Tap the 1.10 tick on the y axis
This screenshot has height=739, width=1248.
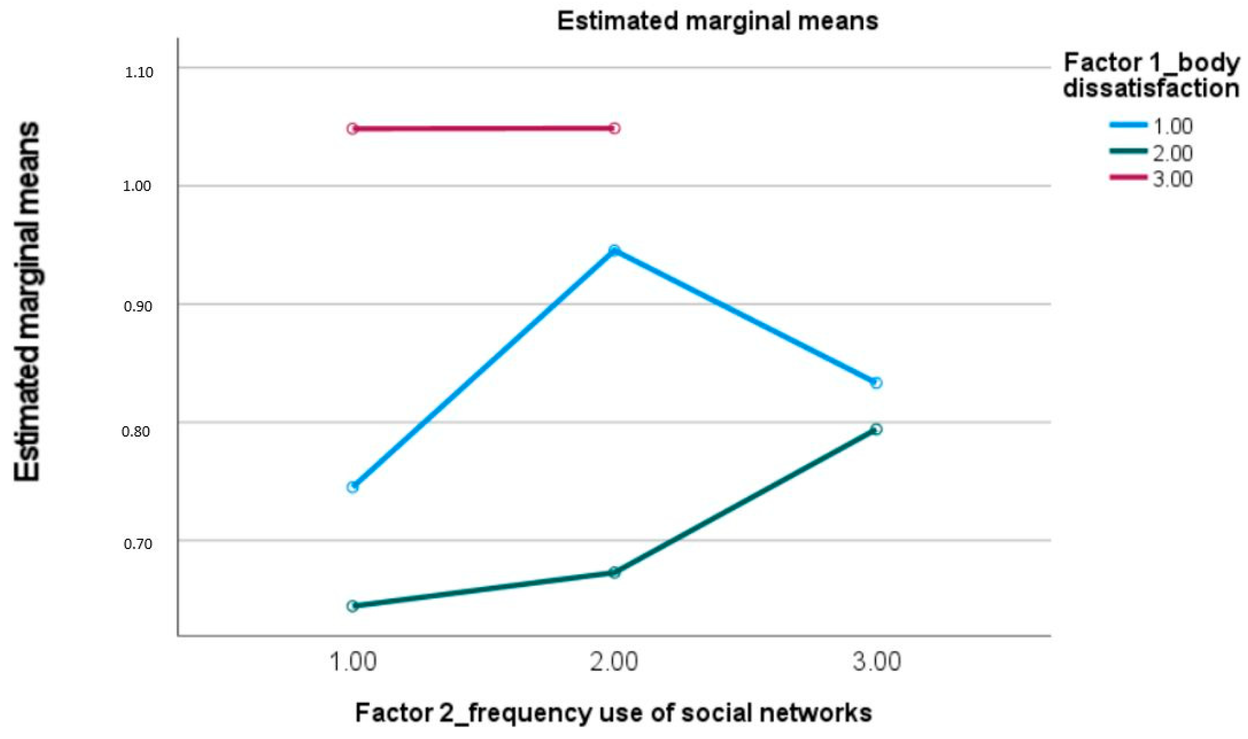(138, 73)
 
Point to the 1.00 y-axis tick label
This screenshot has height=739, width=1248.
(138, 186)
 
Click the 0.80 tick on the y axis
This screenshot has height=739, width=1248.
(136, 431)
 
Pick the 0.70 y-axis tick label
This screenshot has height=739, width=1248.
(138, 543)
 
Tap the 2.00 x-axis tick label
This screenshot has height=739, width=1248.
(614, 663)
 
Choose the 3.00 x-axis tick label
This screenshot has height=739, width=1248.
(876, 663)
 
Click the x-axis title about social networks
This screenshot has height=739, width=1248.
(613, 713)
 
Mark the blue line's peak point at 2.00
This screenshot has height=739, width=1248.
(615, 250)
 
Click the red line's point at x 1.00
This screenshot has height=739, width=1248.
(353, 129)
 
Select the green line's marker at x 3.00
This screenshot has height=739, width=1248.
(877, 429)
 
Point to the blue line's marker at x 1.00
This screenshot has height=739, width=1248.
(353, 487)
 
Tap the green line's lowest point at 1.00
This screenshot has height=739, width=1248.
(353, 606)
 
